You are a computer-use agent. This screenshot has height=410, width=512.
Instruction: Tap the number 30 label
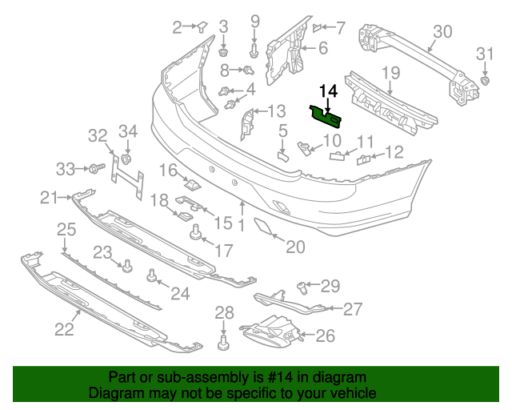tap(442, 31)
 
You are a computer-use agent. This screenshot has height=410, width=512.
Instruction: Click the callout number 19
tap(390, 74)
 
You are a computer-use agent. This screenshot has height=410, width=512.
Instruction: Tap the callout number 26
tap(325, 336)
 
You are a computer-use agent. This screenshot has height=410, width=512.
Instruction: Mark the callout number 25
tap(65, 230)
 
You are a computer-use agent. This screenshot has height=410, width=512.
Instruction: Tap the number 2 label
tap(177, 28)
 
